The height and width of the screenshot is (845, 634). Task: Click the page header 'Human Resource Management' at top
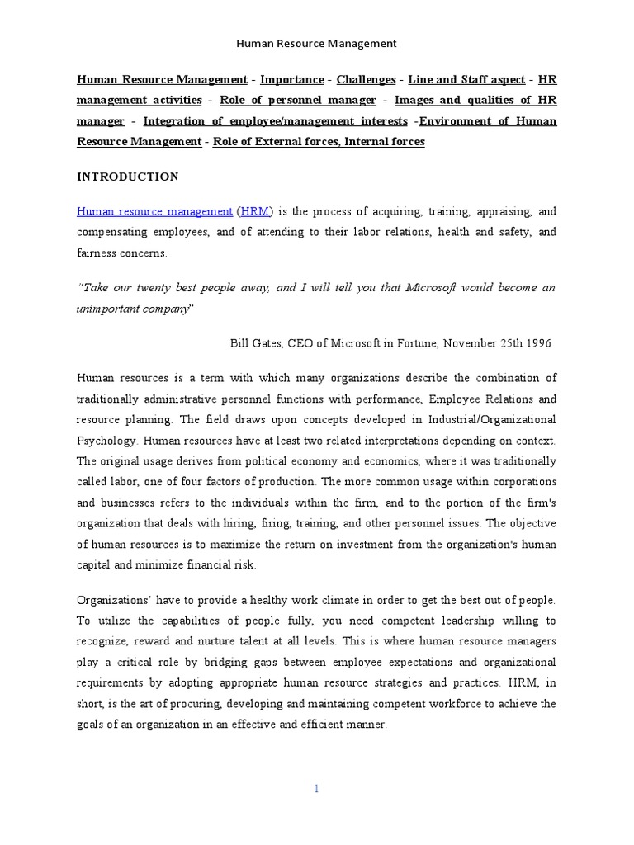pyautogui.click(x=317, y=43)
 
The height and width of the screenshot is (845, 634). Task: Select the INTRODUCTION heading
pyautogui.click(x=128, y=177)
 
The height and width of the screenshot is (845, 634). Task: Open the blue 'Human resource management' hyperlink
pyautogui.click(x=154, y=211)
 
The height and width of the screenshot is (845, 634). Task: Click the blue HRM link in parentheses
pyautogui.click(x=254, y=211)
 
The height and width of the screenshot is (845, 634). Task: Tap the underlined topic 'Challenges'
pyautogui.click(x=364, y=80)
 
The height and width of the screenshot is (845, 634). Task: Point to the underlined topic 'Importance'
pyautogui.click(x=292, y=80)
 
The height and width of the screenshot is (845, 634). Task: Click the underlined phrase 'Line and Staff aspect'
pyautogui.click(x=466, y=80)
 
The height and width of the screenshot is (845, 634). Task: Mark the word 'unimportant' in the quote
pyautogui.click(x=109, y=309)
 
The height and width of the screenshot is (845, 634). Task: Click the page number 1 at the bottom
pyautogui.click(x=317, y=789)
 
